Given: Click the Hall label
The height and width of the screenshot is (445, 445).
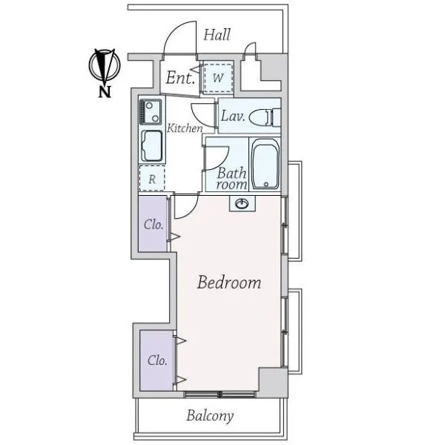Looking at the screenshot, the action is pyautogui.click(x=217, y=35).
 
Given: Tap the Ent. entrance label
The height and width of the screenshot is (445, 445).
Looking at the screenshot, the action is pyautogui.click(x=180, y=77).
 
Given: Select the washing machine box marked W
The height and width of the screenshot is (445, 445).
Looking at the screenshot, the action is pyautogui.click(x=218, y=77).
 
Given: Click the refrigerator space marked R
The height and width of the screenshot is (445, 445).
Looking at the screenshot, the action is pyautogui.click(x=152, y=178).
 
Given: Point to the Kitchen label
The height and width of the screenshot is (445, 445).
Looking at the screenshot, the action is pyautogui.click(x=185, y=128).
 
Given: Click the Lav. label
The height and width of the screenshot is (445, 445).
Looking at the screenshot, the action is pyautogui.click(x=233, y=116).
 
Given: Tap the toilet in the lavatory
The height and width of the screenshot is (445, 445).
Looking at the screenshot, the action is pyautogui.click(x=265, y=117).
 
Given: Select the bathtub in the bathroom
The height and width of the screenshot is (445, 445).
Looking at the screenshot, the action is pyautogui.click(x=265, y=163).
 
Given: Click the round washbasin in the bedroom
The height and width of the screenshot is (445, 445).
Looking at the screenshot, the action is pyautogui.click(x=242, y=203).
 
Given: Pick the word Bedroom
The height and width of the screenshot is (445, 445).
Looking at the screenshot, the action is pyautogui.click(x=229, y=283).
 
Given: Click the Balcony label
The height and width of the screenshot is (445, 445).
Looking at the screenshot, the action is pyautogui.click(x=210, y=416).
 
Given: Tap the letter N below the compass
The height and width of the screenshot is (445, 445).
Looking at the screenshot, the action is pyautogui.click(x=104, y=92).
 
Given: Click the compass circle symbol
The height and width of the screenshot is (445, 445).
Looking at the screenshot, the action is pyautogui.click(x=105, y=65).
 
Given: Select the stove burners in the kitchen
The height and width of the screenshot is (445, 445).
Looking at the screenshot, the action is pyautogui.click(x=150, y=112).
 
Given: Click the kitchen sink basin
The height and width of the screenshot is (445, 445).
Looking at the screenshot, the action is pyautogui.click(x=152, y=146).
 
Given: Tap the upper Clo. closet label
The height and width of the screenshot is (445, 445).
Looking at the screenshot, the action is pyautogui.click(x=154, y=225).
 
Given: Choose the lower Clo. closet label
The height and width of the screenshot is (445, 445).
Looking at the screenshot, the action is pyautogui.click(x=157, y=360).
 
